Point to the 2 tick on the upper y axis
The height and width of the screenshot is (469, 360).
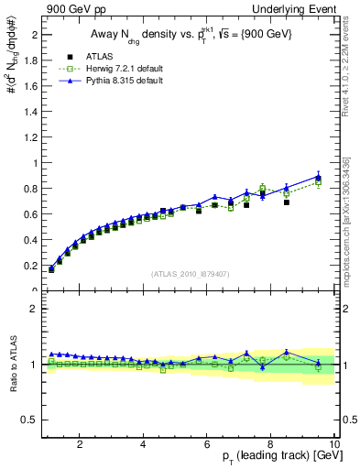pos(34,35)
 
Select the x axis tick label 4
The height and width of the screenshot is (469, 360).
pos(144,444)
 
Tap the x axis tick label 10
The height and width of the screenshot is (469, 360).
pos(333,444)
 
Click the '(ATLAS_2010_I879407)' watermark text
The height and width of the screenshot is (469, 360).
pos(191,274)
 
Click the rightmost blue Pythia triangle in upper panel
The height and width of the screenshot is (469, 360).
pos(318,176)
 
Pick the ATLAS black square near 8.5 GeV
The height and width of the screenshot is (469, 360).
pos(287,202)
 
